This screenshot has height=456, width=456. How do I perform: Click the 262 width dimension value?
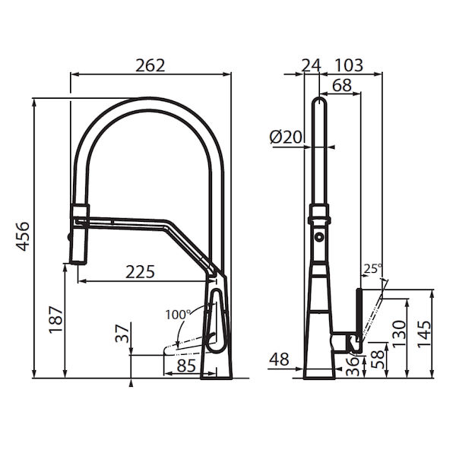pyautogui.click(x=150, y=65)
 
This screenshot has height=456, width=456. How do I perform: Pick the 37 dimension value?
pyautogui.click(x=120, y=333)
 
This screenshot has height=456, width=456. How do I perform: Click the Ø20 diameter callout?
pyautogui.click(x=286, y=137)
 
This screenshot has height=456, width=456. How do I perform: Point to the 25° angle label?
pyautogui.click(x=372, y=268)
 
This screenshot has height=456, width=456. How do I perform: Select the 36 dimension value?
pyautogui.click(x=354, y=365)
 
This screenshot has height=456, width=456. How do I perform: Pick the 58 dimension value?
pyautogui.click(x=375, y=358)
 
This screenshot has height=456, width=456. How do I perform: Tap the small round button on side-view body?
pyautogui.click(x=320, y=237)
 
